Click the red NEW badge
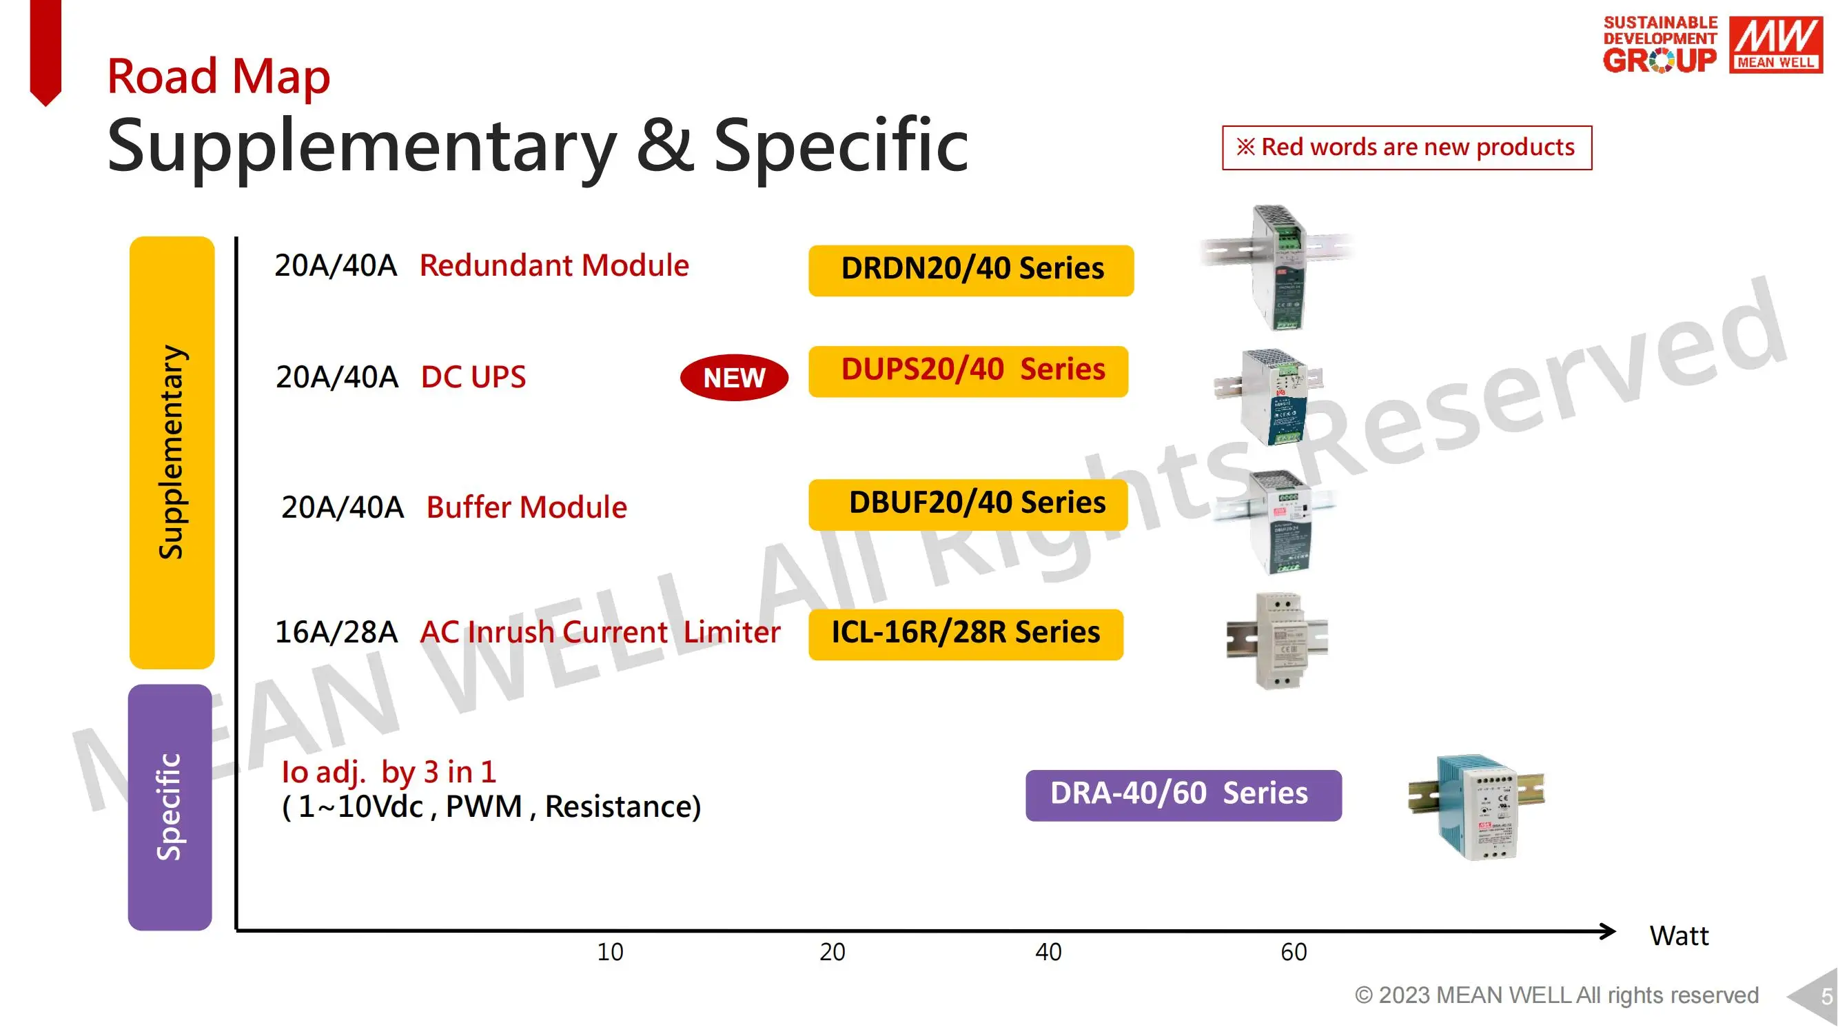click(x=734, y=378)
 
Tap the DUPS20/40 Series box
click(x=968, y=371)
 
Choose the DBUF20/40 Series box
click(x=968, y=505)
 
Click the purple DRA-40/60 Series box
click(x=1184, y=795)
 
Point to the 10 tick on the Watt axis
click(x=610, y=952)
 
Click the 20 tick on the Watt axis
click(x=833, y=952)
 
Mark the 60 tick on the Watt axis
click(x=1294, y=952)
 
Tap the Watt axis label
click(x=1679, y=936)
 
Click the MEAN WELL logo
click(x=1776, y=44)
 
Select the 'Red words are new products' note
click(x=1407, y=148)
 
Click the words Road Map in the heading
click(x=218, y=76)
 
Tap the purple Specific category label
click(x=170, y=807)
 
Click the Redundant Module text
click(x=554, y=265)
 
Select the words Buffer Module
click(x=527, y=507)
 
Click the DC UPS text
click(x=473, y=377)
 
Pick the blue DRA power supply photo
click(x=1476, y=807)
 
